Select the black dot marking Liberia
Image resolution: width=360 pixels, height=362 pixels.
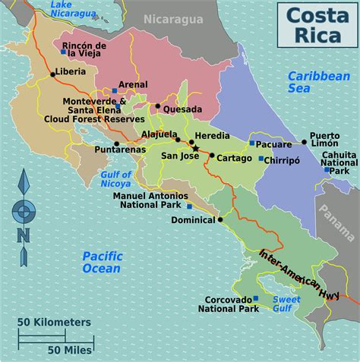[52, 74]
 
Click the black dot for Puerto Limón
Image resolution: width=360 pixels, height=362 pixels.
[304, 141]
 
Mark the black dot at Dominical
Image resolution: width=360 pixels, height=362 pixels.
[220, 220]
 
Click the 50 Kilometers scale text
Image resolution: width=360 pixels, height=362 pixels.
[55, 322]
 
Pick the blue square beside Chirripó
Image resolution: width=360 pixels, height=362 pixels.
[261, 159]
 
